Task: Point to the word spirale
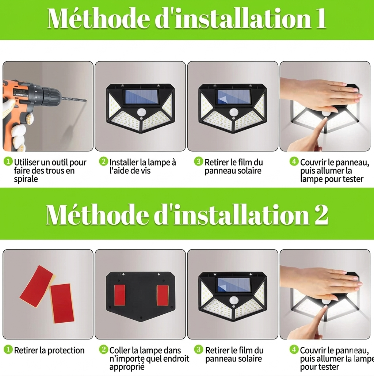point(26,179)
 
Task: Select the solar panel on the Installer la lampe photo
point(140,97)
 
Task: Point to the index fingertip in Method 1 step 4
point(325,121)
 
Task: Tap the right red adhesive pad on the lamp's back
point(162,295)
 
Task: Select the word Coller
point(119,350)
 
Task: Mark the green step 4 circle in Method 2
point(294,350)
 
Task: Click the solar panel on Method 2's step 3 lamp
point(232,285)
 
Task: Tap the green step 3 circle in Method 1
point(198,162)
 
